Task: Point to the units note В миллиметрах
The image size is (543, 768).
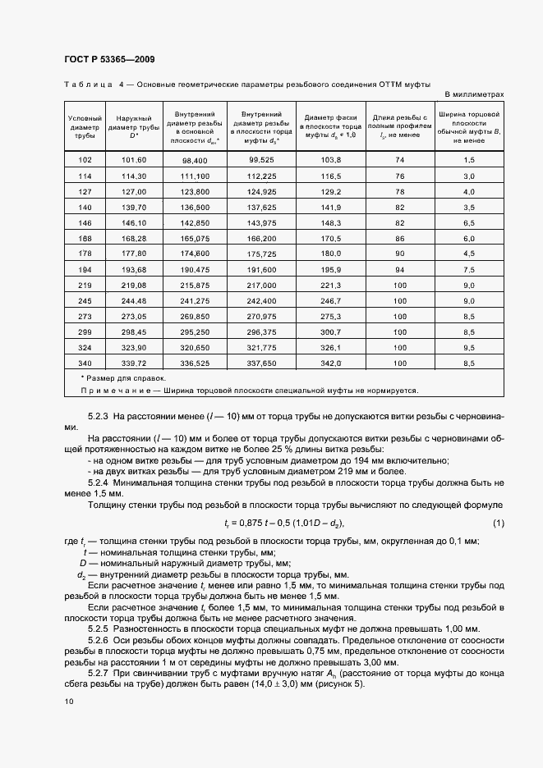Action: (474, 94)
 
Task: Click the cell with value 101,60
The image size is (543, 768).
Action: (133, 159)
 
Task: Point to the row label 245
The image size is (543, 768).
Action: (85, 300)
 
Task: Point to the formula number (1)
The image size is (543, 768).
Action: (498, 523)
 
